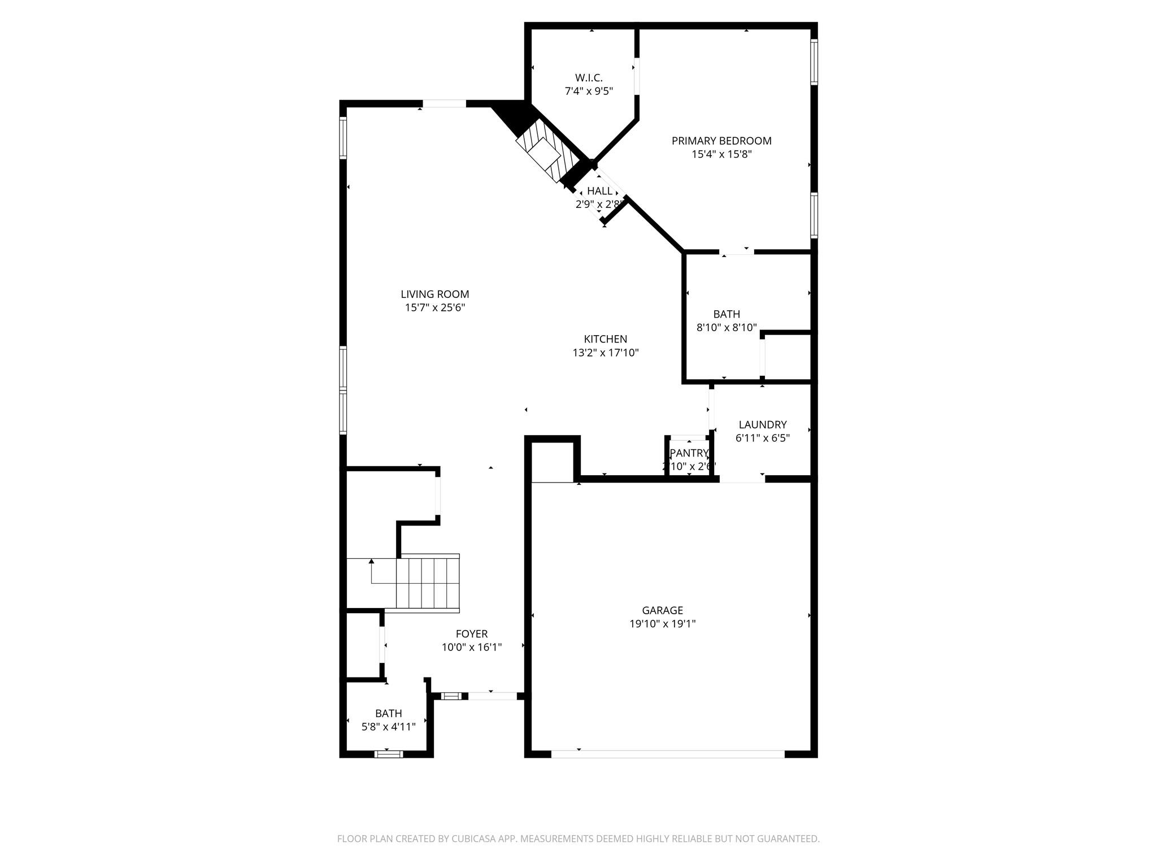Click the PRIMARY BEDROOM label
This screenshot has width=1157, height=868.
click(x=721, y=141)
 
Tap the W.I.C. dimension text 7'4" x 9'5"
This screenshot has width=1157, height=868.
click(x=589, y=91)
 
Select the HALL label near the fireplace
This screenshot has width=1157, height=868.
click(x=599, y=191)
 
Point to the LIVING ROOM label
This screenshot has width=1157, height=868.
click(x=434, y=294)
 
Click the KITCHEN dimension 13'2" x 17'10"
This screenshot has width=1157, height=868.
click(x=605, y=353)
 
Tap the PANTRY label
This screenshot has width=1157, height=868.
click(x=689, y=453)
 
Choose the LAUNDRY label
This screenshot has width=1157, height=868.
click(x=762, y=424)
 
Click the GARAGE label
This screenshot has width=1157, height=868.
click(x=662, y=610)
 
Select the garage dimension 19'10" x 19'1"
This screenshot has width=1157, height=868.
click(x=662, y=624)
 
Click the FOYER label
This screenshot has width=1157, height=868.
click(x=471, y=634)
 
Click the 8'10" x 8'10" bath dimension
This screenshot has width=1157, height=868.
click(x=726, y=327)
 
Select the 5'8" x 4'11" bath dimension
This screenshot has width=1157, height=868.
click(x=388, y=727)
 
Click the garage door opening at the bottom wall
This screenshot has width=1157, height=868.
click(x=667, y=753)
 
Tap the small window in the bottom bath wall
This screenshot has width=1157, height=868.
click(x=389, y=753)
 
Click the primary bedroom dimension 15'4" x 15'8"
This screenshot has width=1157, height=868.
click(x=721, y=154)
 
